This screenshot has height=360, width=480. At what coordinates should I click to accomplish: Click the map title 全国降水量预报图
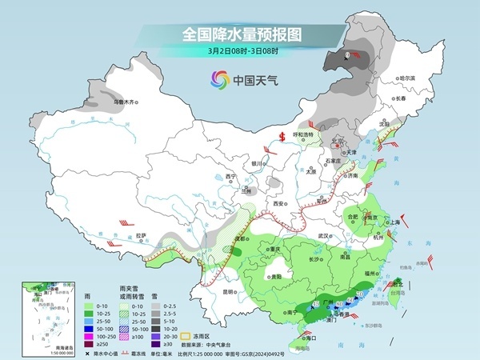click(x=241, y=34)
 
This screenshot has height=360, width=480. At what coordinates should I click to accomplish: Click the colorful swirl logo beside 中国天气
click(x=218, y=79)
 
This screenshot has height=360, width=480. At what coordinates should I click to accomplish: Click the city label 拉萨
click(x=142, y=235)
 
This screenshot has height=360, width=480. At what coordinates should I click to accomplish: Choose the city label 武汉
click(x=323, y=236)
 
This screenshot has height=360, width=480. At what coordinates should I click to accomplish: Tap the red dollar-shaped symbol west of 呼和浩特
click(x=282, y=135)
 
